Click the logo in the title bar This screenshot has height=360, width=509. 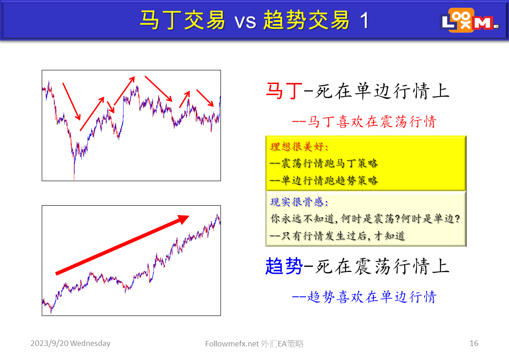(x=470, y=20)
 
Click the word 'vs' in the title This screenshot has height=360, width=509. (x=245, y=21)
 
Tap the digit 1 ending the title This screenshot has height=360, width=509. (x=364, y=20)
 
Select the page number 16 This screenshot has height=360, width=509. (x=474, y=343)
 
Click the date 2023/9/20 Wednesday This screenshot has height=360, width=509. (x=70, y=343)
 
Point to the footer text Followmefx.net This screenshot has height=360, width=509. (x=232, y=344)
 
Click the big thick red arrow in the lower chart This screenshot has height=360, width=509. (x=122, y=244)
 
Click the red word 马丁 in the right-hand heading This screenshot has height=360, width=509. (x=284, y=91)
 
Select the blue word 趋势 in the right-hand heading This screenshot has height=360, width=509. (x=284, y=266)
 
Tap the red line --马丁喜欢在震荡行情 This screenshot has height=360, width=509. (x=364, y=122)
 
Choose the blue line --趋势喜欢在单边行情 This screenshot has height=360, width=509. (x=364, y=297)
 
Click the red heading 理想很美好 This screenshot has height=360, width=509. (x=299, y=147)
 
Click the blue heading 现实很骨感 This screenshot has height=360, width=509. (x=299, y=202)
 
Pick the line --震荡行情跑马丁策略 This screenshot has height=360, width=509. (x=324, y=163)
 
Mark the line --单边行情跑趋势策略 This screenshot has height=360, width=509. (x=324, y=180)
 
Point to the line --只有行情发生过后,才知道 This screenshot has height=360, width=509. (x=338, y=236)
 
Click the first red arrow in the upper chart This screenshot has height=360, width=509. (x=71, y=101)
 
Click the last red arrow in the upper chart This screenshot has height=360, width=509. (x=205, y=98)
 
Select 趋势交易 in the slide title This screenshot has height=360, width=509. (x=306, y=20)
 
